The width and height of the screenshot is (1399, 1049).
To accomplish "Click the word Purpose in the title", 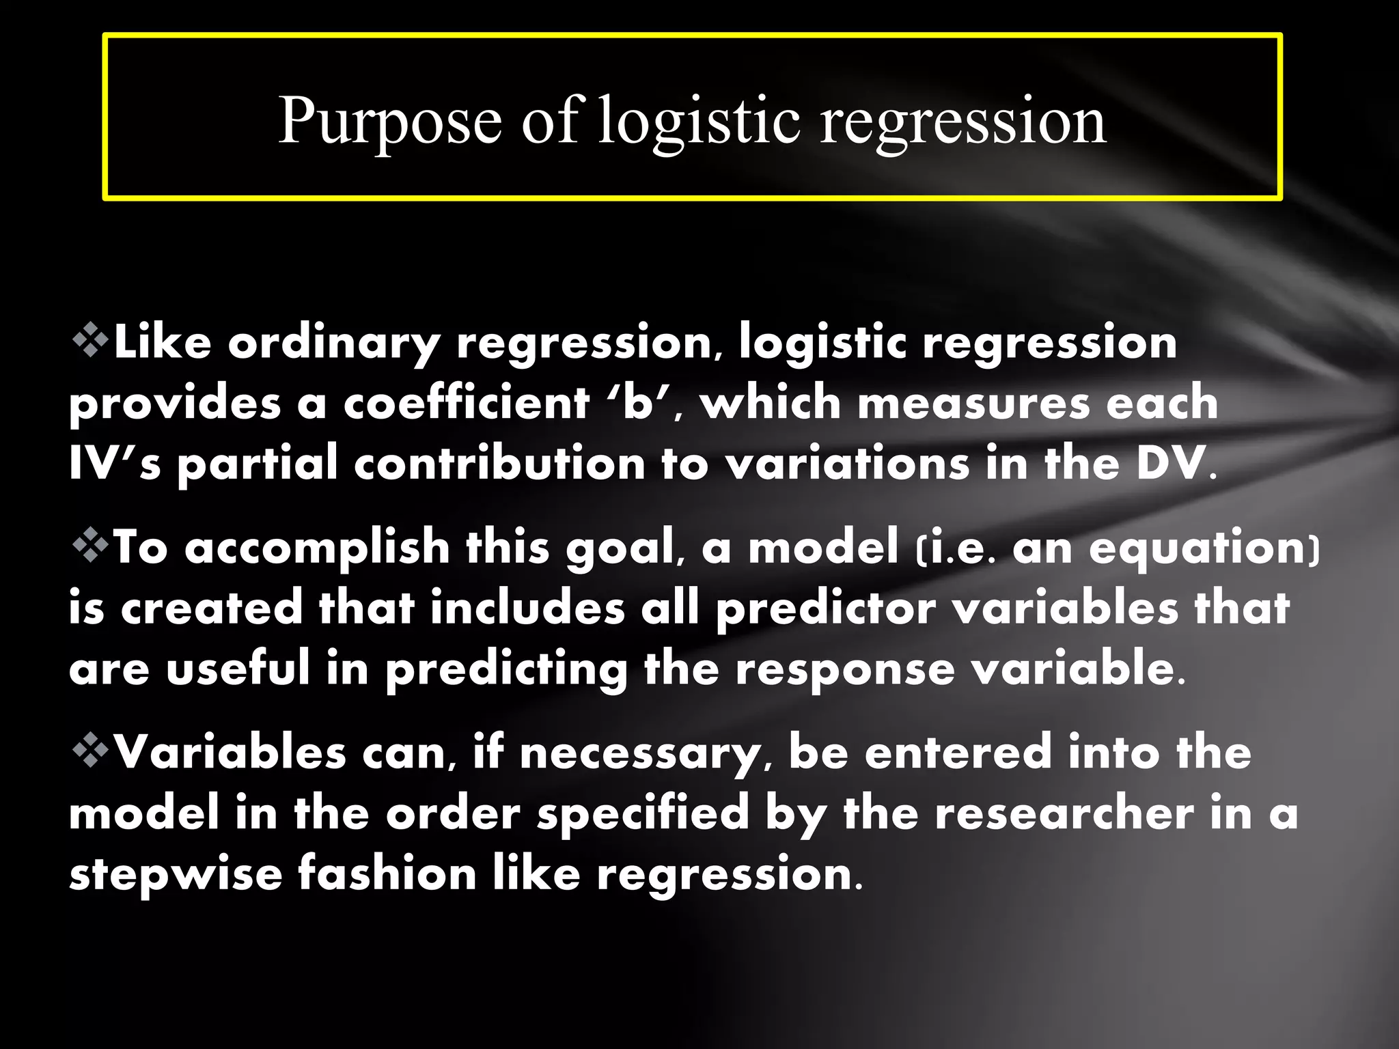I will point(389,122).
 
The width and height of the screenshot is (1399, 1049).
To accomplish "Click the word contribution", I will point(499,463).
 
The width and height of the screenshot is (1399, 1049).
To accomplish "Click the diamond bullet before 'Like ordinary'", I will point(90,341).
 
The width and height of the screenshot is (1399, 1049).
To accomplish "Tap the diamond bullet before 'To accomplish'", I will point(90,546).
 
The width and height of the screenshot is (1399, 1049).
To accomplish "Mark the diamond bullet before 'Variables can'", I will point(90,751).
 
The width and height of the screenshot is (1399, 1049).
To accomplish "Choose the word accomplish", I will point(317,548).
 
